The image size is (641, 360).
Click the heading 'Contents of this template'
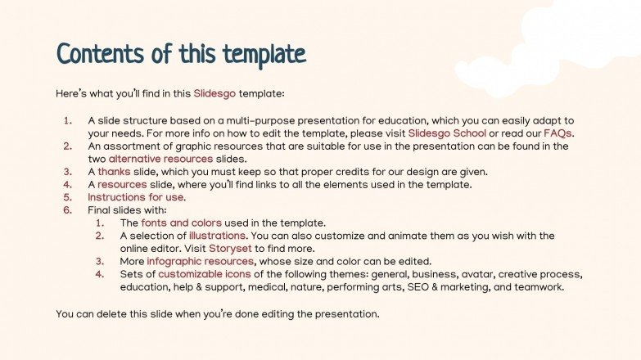point(181,55)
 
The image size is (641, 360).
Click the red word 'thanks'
point(114,171)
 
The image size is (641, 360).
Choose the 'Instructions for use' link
point(136,197)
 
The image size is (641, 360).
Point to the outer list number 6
point(68,210)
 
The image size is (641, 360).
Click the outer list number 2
point(68,146)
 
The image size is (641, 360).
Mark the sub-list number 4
point(100,275)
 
